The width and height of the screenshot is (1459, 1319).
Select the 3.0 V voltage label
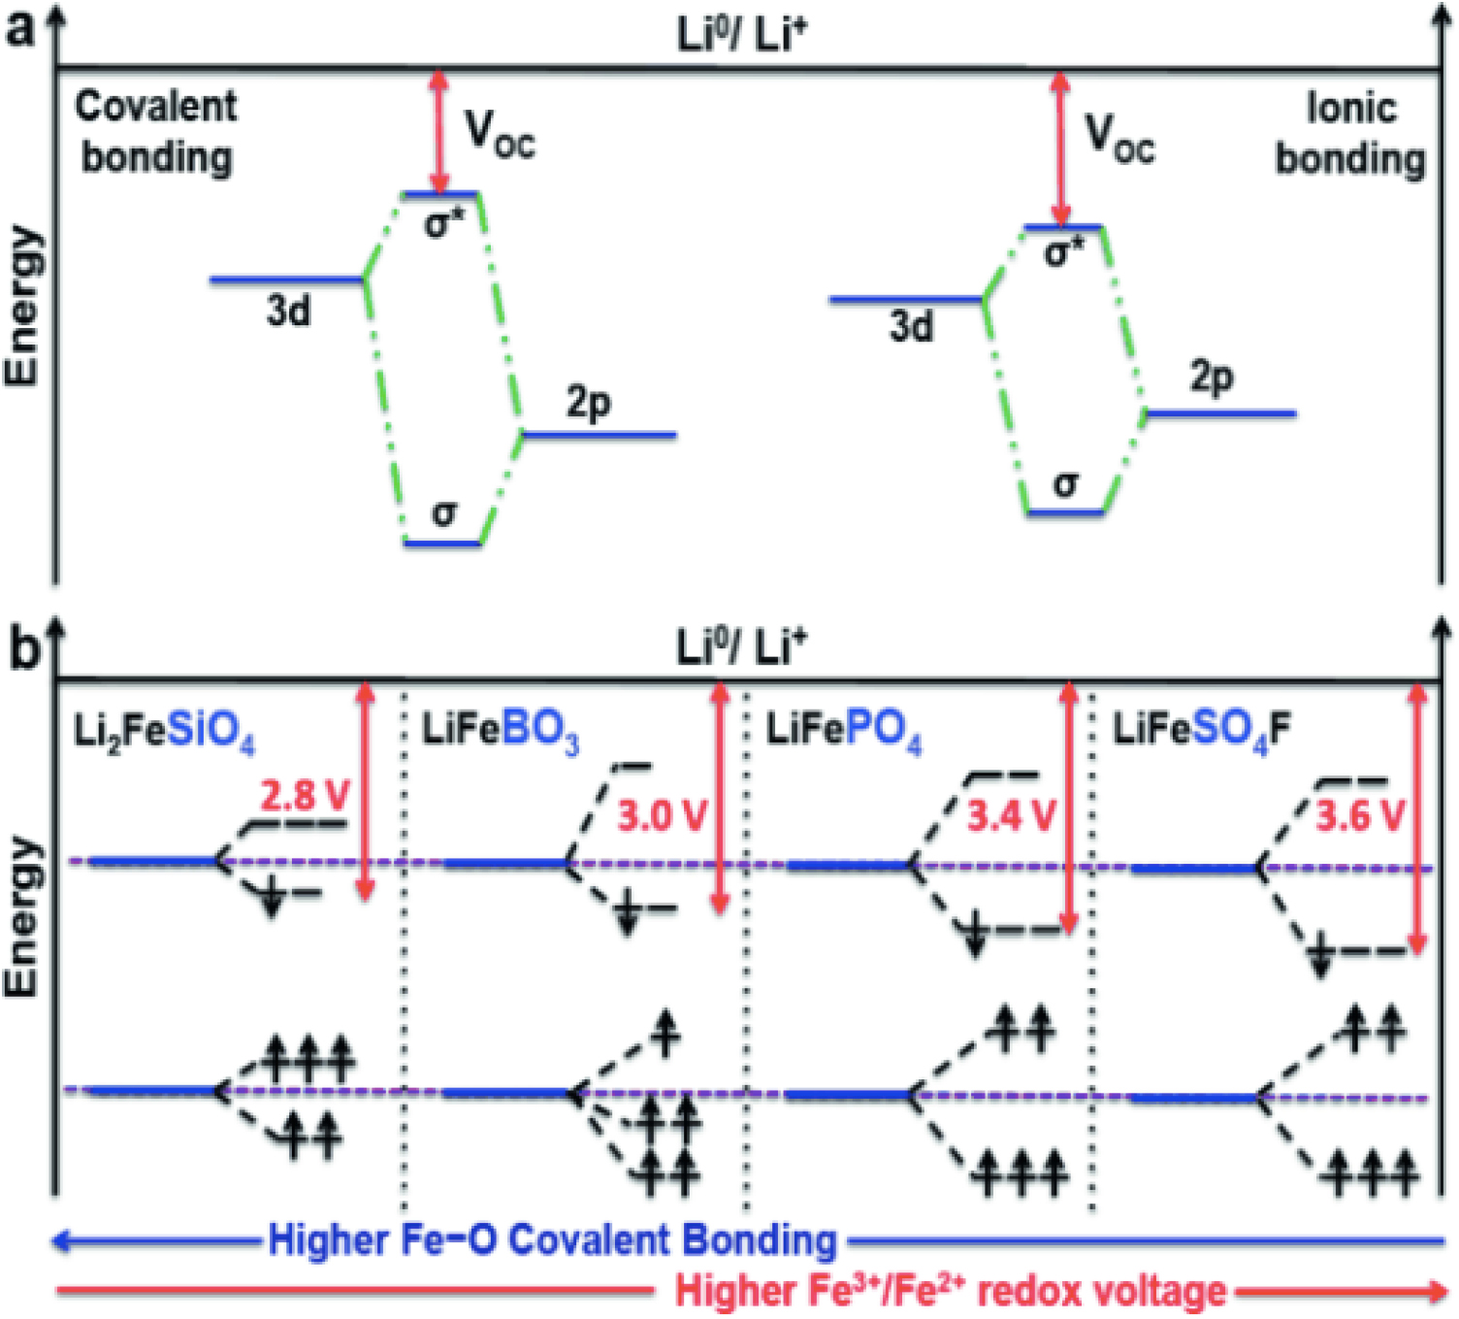663,816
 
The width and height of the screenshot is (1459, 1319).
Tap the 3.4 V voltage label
1010,816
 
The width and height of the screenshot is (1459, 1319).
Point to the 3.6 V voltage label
1359,816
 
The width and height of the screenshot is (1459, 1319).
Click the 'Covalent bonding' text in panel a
155,132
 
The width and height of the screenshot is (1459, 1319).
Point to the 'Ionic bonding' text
1349,134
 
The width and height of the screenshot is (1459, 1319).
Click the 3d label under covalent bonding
289,312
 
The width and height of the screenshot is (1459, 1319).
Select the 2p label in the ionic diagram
1212,377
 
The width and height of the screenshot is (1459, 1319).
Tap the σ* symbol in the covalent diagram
443,224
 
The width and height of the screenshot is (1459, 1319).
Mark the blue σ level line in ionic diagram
1065,511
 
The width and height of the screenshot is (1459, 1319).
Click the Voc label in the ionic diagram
1119,138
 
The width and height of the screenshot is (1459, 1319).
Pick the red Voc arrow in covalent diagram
440,132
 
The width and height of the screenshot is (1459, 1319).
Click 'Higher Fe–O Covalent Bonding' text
552,1240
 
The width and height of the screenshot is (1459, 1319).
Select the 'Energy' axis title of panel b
23,917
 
